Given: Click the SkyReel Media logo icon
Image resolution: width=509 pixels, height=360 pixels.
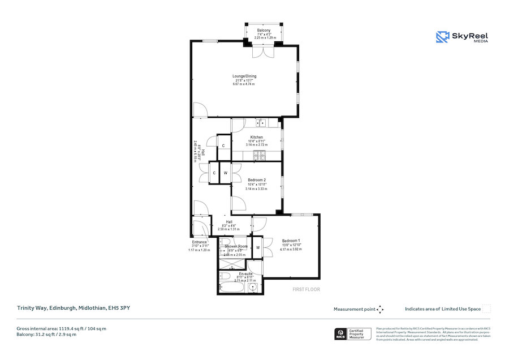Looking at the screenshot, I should point(442,37).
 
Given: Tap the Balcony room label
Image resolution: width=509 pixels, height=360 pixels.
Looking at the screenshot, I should point(264,30).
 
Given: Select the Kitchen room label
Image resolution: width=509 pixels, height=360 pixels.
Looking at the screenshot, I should point(257,137).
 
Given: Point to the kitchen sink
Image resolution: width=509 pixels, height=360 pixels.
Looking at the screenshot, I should point(259,122).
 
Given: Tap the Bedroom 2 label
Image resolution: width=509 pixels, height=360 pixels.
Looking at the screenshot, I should point(257,180).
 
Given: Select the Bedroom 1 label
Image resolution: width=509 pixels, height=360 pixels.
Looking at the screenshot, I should point(291,241).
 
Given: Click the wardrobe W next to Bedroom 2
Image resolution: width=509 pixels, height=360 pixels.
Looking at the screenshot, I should point(225,173).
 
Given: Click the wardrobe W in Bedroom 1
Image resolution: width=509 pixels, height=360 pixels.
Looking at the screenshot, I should point(257,247).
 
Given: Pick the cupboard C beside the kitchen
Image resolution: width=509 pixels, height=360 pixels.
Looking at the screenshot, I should point(224,145).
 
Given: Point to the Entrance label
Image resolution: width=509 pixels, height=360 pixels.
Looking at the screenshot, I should point(200,242).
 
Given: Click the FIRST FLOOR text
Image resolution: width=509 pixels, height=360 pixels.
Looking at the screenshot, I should point(306,289).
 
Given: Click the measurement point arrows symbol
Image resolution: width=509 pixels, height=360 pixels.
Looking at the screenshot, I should point(380,309).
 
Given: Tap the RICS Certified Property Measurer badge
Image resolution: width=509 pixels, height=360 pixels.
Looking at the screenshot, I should point(353,334).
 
